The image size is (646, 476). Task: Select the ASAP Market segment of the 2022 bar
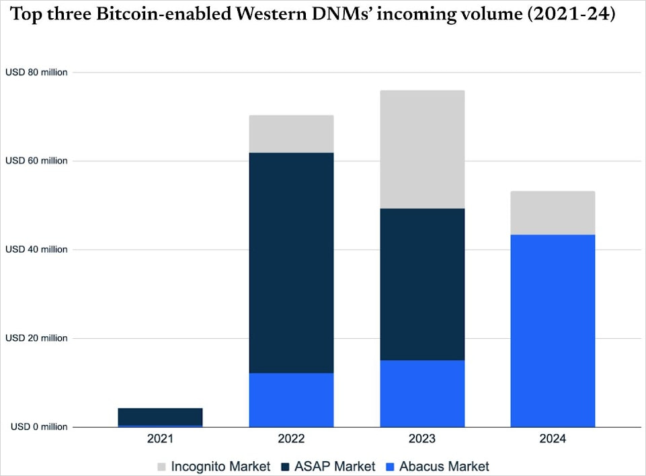(x=291, y=262)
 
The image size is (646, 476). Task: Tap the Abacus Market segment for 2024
(x=553, y=330)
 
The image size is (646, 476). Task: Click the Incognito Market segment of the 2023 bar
(x=422, y=149)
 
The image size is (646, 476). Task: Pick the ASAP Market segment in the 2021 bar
(x=161, y=416)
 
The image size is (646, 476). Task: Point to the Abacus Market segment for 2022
(x=291, y=400)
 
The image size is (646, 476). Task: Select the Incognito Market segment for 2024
(x=553, y=212)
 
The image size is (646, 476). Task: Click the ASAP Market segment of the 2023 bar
(x=422, y=284)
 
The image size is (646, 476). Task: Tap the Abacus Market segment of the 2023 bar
(x=422, y=393)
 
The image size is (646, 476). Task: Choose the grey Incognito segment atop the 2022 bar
(x=291, y=134)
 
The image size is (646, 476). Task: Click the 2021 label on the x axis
(x=161, y=439)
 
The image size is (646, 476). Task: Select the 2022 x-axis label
(x=291, y=439)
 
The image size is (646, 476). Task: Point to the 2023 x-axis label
(x=422, y=439)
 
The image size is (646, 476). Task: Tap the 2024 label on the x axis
(x=553, y=439)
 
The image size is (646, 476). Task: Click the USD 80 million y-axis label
(x=36, y=72)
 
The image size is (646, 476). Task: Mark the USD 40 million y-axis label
(x=36, y=249)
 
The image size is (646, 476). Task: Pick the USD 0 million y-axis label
(x=38, y=427)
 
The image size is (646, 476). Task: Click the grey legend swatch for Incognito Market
(x=161, y=466)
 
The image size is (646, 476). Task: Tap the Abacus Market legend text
(x=444, y=466)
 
